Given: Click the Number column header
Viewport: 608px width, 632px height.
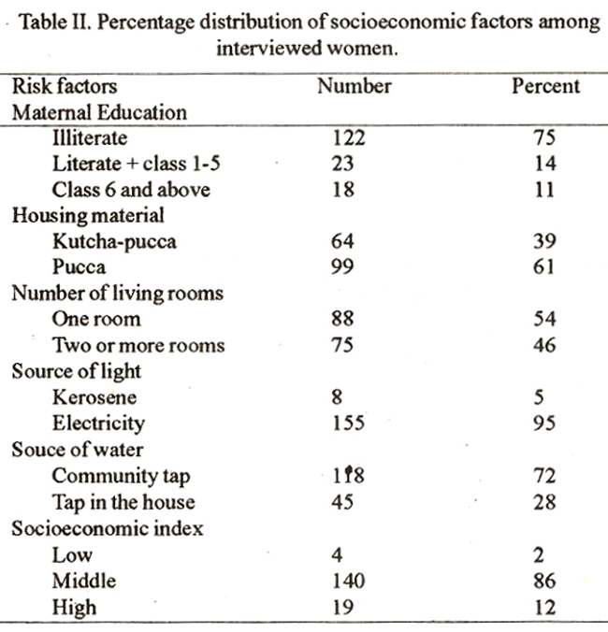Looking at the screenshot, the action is pyautogui.click(x=354, y=86).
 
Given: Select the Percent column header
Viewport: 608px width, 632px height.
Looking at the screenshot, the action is pyautogui.click(x=545, y=86).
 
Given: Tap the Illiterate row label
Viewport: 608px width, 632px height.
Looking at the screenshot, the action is pyautogui.click(x=90, y=137).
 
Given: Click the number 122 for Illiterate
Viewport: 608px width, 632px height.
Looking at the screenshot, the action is pyautogui.click(x=349, y=137).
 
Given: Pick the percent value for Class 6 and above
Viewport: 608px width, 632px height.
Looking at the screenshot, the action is pyautogui.click(x=544, y=190).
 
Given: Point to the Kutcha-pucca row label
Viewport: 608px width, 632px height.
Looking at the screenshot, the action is pyautogui.click(x=114, y=242).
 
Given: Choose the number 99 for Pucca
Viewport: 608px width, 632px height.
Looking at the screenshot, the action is pyautogui.click(x=342, y=266).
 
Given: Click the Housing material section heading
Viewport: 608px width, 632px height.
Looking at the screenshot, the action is pyautogui.click(x=88, y=216).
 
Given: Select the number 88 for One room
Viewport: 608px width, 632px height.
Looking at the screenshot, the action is pyautogui.click(x=342, y=319).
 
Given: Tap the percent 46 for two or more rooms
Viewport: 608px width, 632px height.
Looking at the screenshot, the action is pyautogui.click(x=544, y=345).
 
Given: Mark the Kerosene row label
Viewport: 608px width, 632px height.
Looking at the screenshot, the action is pyautogui.click(x=94, y=397).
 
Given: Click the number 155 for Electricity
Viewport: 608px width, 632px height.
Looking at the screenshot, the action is pyautogui.click(x=348, y=424).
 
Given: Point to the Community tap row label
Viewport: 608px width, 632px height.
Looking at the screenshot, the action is pyautogui.click(x=121, y=477).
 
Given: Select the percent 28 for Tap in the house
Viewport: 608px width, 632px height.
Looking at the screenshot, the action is pyautogui.click(x=544, y=502).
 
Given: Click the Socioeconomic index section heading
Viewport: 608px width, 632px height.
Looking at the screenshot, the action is pyautogui.click(x=108, y=528).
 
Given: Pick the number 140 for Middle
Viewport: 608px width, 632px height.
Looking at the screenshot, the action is pyautogui.click(x=349, y=581).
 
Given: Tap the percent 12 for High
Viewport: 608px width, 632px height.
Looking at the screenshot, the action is pyautogui.click(x=544, y=607).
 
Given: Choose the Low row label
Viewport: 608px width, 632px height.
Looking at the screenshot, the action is pyautogui.click(x=73, y=555).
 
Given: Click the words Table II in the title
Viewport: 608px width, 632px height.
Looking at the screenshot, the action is pyautogui.click(x=57, y=22).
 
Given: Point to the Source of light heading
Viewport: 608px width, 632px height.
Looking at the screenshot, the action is pyautogui.click(x=77, y=371).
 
